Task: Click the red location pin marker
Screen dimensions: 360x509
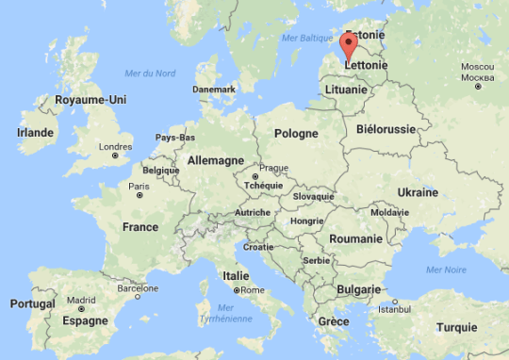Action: click(x=348, y=45)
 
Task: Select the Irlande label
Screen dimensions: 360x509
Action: click(x=36, y=133)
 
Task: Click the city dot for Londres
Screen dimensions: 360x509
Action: click(x=115, y=155)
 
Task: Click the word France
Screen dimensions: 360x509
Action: click(x=140, y=227)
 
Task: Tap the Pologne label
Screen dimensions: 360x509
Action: click(x=296, y=134)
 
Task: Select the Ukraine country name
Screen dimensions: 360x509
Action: click(x=417, y=192)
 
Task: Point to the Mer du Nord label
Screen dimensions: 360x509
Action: click(x=151, y=74)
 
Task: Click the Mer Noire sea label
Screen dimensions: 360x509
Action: click(x=446, y=270)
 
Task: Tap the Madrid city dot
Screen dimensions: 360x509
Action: click(x=82, y=308)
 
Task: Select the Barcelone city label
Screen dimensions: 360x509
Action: click(x=137, y=288)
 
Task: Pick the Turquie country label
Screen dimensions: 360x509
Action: click(x=457, y=327)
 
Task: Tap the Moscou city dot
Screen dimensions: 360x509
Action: click(x=478, y=87)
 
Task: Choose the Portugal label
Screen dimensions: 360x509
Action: click(x=32, y=304)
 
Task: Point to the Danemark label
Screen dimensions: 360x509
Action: click(x=213, y=89)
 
